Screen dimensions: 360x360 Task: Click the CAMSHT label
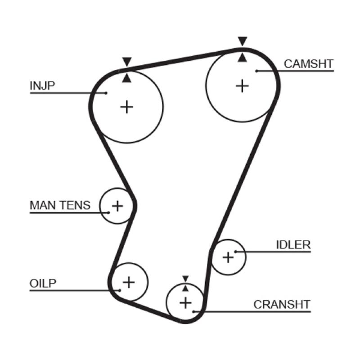[x=309, y=64]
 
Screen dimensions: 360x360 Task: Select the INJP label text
[x=42, y=85]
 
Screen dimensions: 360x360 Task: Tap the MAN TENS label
[x=60, y=205]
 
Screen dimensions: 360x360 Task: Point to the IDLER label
[x=293, y=245]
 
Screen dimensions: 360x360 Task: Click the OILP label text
[x=43, y=283]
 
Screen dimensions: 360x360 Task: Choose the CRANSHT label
[x=282, y=304]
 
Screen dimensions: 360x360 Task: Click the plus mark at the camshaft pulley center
[x=242, y=85]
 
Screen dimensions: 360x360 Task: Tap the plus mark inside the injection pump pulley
[x=127, y=107]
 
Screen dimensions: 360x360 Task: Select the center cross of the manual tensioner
[x=117, y=206]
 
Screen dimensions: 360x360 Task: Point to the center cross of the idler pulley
[x=228, y=257]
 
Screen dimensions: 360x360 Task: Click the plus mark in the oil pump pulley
[x=129, y=282]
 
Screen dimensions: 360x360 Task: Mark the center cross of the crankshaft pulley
[x=185, y=302]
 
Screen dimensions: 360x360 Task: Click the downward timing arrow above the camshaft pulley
[x=243, y=41]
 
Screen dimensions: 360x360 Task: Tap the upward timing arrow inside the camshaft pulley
[x=243, y=57]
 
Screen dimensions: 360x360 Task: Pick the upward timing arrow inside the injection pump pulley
[x=127, y=78]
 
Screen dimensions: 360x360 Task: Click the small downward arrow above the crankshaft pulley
[x=185, y=279]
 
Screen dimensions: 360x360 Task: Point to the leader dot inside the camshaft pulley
[x=256, y=71]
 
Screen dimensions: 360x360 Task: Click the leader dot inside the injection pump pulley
[x=106, y=93]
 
